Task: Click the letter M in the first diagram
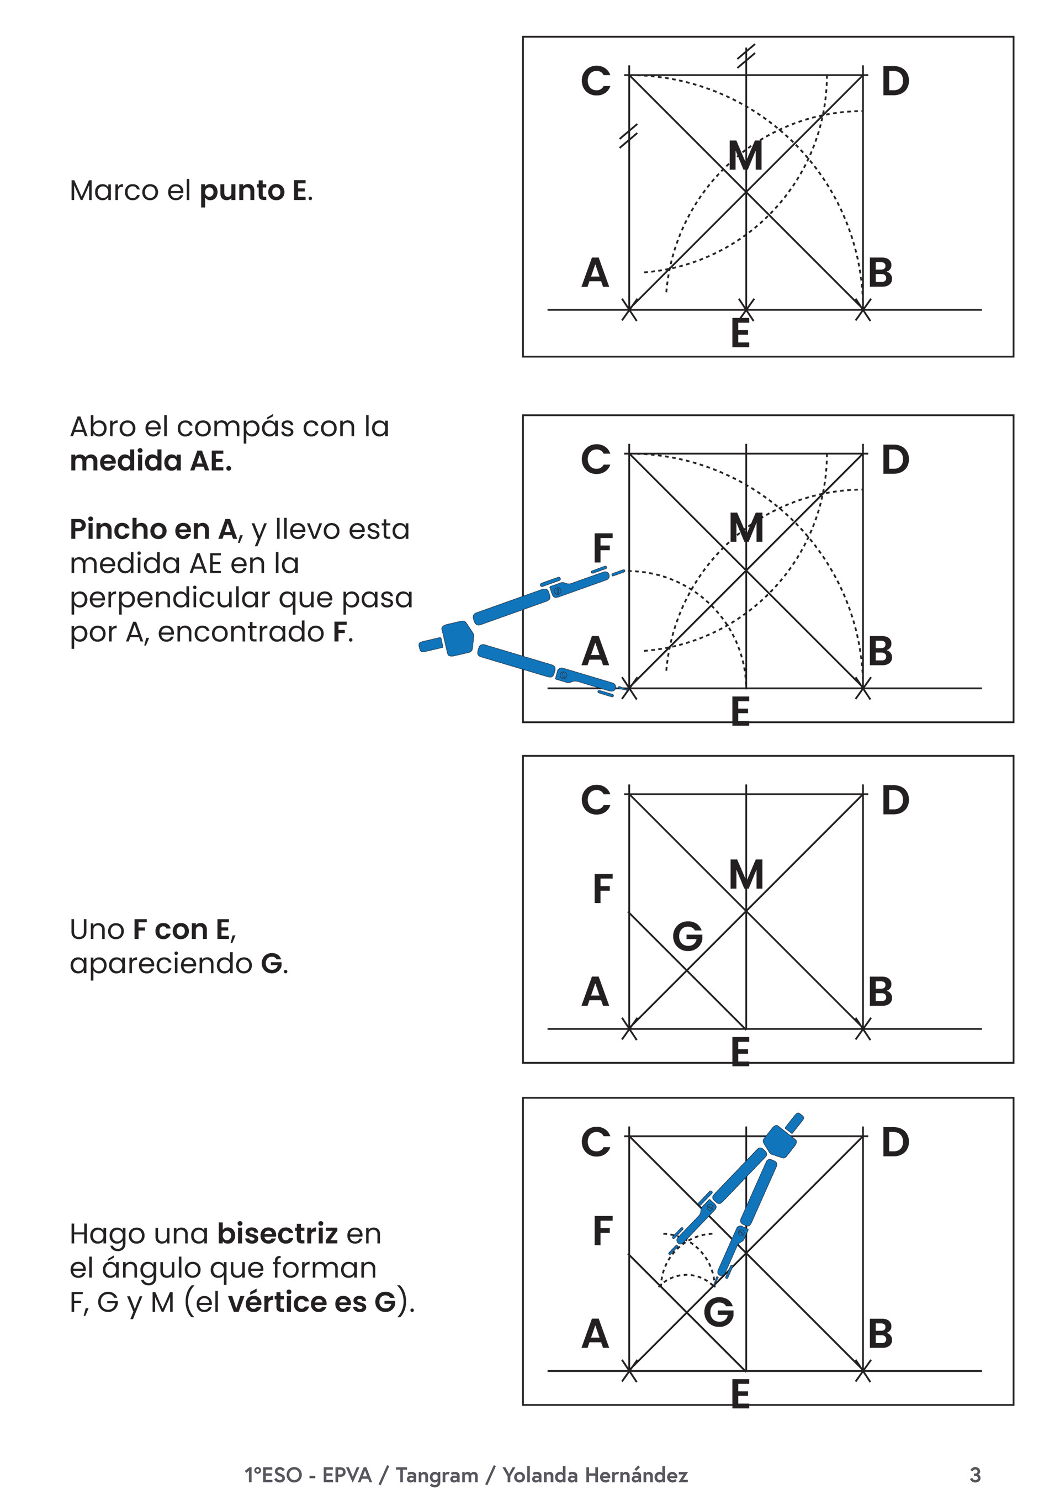[745, 156]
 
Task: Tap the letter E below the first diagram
[740, 333]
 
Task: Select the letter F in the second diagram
[602, 547]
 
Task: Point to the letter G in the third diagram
[688, 936]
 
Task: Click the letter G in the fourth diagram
[718, 1312]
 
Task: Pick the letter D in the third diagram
[895, 800]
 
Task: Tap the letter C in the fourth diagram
[596, 1142]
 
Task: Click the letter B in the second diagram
[879, 651]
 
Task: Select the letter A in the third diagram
[595, 992]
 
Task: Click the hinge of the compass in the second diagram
[458, 638]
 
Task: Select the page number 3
[975, 1475]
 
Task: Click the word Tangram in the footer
[437, 1475]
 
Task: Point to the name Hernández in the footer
[636, 1475]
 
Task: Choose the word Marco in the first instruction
[114, 191]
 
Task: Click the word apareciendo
[161, 963]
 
